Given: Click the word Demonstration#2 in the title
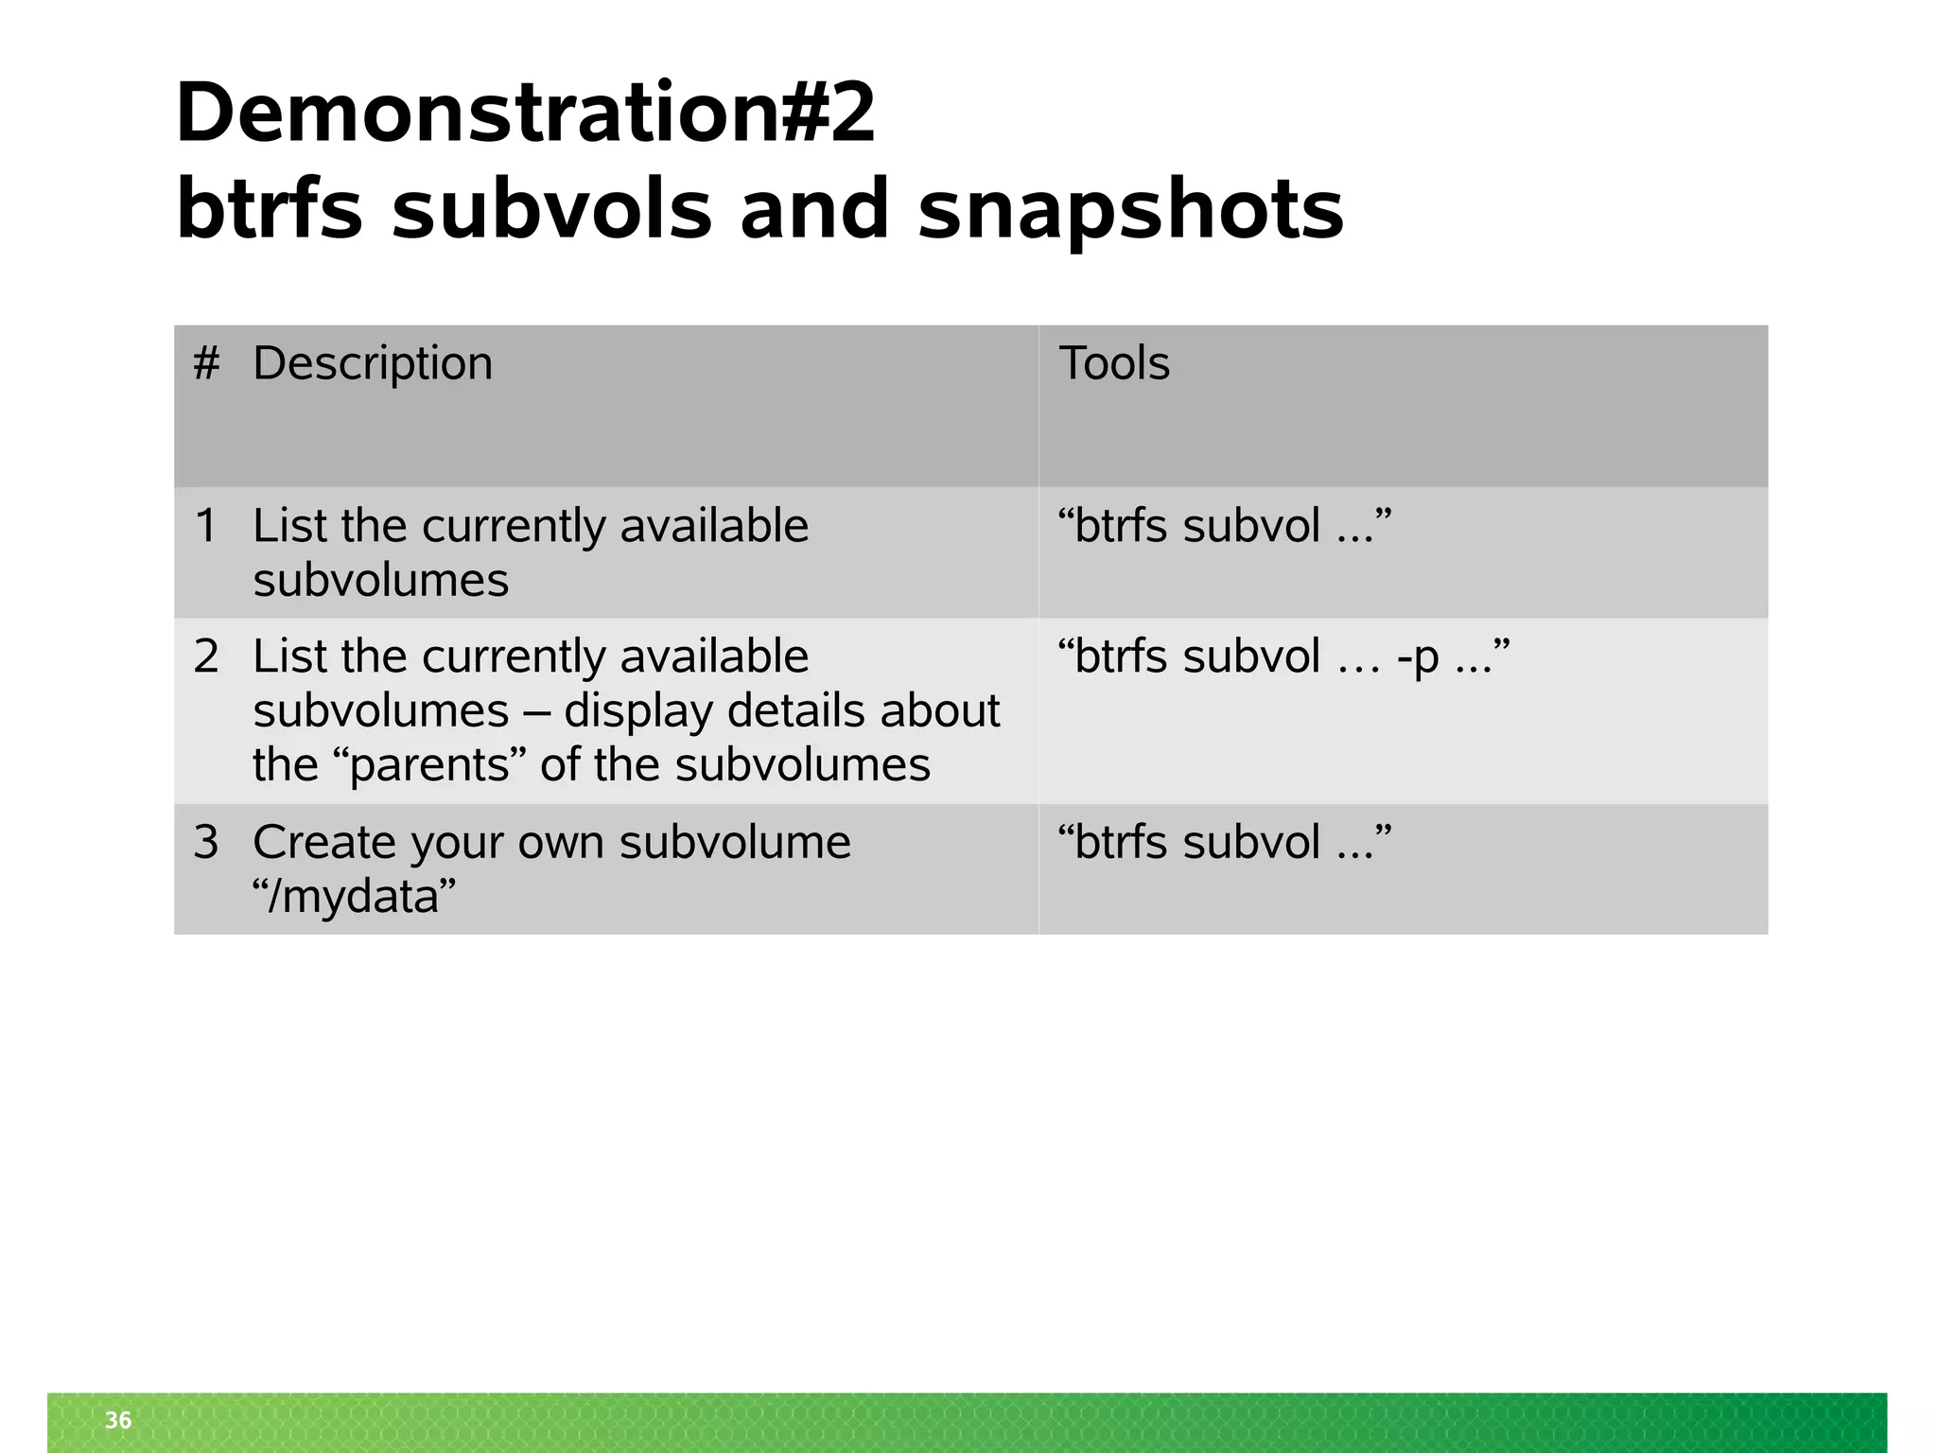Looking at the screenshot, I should click(526, 114).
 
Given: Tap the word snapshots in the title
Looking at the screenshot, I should click(1130, 210).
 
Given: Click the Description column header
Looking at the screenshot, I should click(373, 363).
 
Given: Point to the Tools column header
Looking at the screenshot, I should click(1114, 363).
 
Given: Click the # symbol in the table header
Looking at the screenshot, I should click(206, 363).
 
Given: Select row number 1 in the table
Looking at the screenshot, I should click(206, 526).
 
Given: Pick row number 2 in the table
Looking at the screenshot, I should click(206, 656).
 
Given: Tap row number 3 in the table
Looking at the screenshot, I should click(206, 842).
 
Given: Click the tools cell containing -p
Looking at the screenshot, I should click(1283, 656).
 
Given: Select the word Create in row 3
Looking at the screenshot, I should click(317, 842).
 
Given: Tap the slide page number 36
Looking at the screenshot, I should click(118, 1420).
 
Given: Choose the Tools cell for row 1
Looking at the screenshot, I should click(1225, 526).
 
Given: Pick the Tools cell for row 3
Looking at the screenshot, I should click(1225, 842).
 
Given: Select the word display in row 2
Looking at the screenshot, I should click(638, 711).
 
